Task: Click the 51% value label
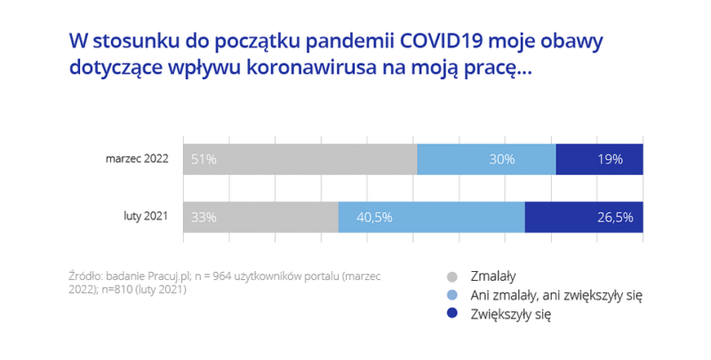(204, 159)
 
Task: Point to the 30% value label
(501, 159)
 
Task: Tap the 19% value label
(610, 159)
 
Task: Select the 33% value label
(204, 217)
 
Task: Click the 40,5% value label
(374, 217)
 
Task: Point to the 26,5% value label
(613, 217)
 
